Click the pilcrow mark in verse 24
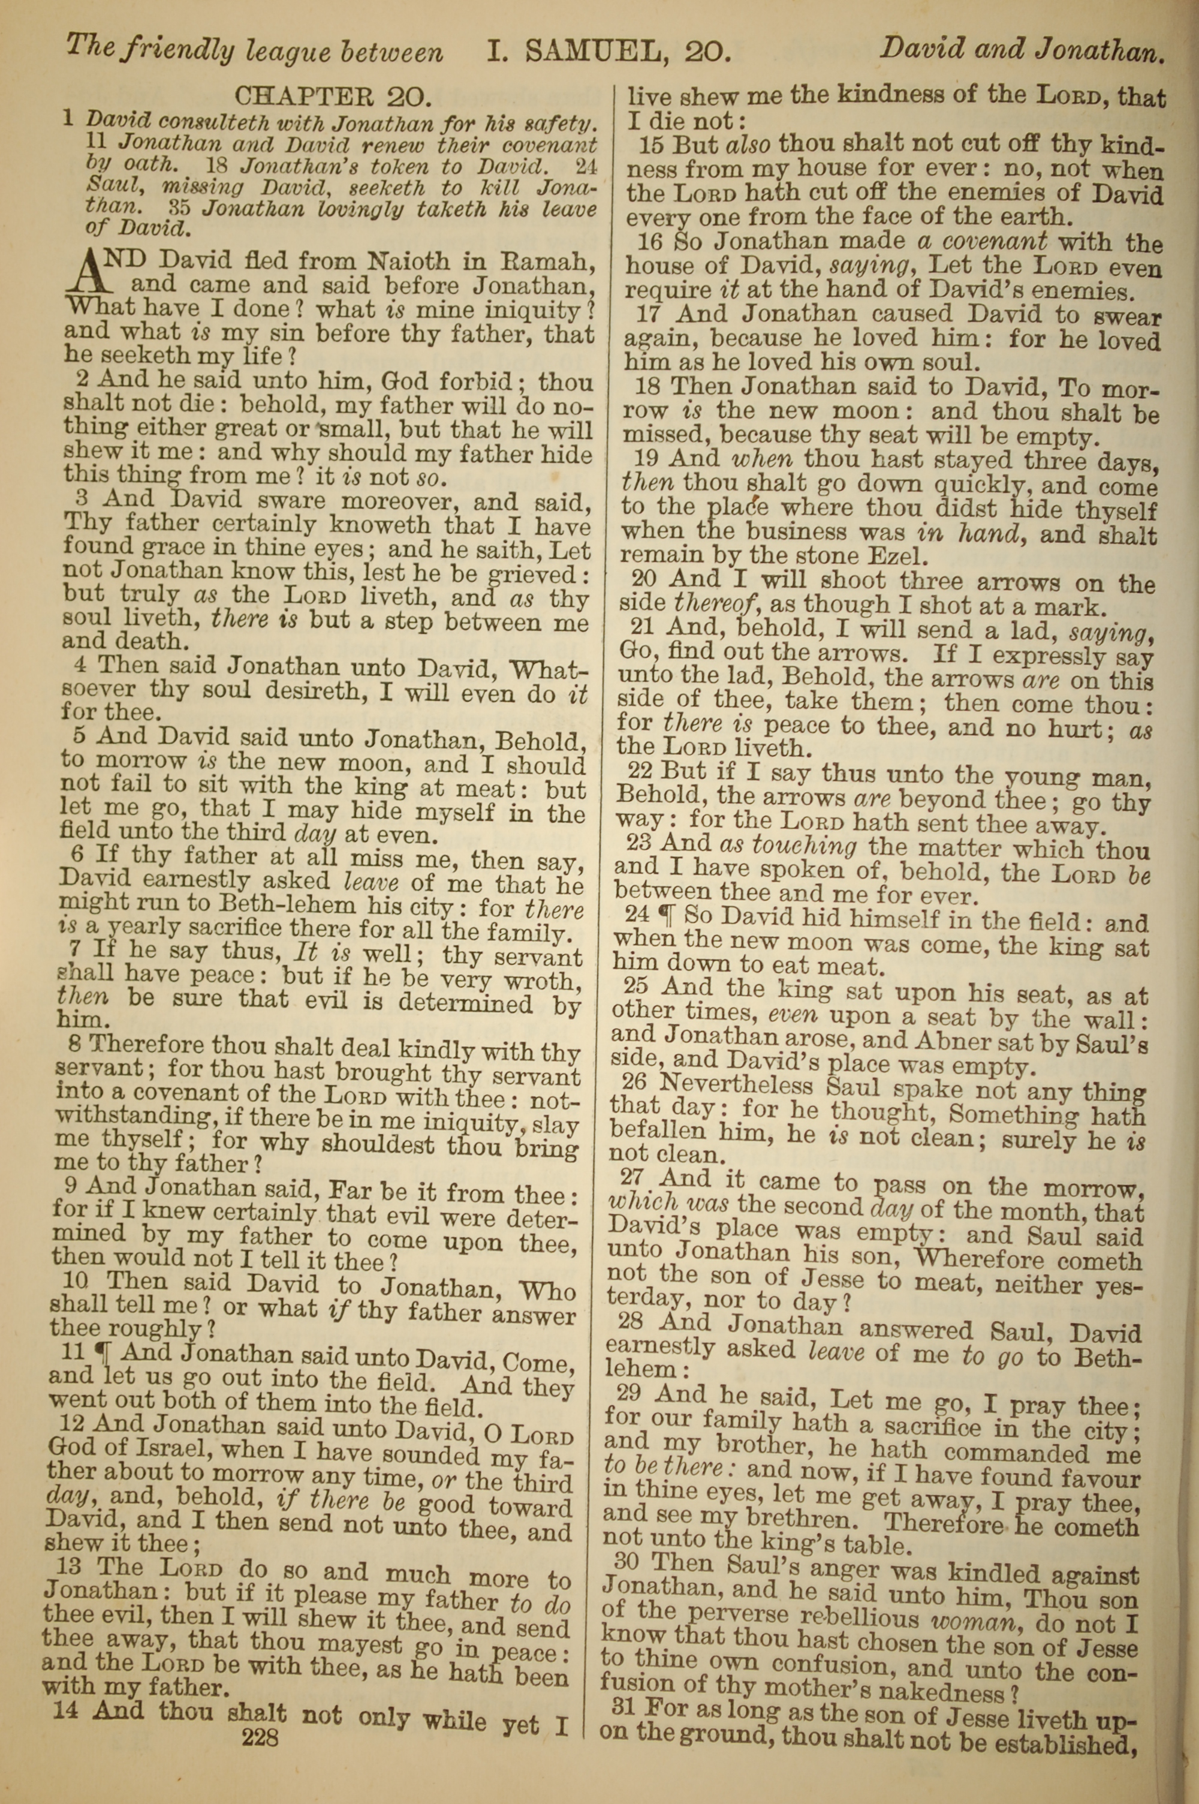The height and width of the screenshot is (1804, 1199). pos(674,914)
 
